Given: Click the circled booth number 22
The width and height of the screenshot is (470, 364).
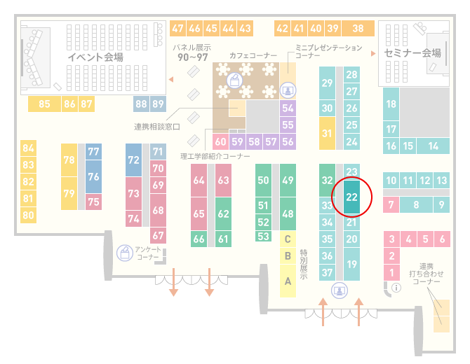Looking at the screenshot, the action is (x=351, y=197).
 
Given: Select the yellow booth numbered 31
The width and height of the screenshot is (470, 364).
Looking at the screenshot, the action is (x=327, y=133).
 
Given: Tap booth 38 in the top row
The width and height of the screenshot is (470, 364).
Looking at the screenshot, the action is (x=358, y=29).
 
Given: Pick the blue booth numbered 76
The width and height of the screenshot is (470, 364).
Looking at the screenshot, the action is (x=93, y=176).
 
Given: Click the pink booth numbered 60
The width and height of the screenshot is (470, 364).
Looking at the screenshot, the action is (x=220, y=141).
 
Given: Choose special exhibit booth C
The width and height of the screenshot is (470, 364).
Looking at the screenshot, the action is (x=288, y=239).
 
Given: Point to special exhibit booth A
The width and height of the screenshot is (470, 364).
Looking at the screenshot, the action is (x=288, y=281).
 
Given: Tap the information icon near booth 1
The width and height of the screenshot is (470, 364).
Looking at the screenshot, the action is (x=396, y=288).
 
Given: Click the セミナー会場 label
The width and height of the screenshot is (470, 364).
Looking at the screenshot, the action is (x=412, y=53).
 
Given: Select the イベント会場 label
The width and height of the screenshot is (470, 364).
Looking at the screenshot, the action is (x=95, y=57).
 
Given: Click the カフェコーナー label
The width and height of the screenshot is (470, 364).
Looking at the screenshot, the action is (x=253, y=55).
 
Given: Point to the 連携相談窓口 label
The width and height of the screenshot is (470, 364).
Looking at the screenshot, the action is (x=156, y=127).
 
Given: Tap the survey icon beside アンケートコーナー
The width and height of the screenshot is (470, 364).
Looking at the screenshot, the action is (x=125, y=253).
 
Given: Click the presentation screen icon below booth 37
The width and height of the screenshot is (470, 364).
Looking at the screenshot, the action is (x=340, y=290).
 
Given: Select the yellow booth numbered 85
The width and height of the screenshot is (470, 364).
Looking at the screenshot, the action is (x=44, y=104).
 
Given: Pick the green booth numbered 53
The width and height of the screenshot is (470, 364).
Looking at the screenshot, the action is (x=263, y=237).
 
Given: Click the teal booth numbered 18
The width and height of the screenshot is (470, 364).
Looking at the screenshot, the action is (x=391, y=104).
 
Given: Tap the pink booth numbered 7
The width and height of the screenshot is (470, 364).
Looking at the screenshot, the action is (x=391, y=204).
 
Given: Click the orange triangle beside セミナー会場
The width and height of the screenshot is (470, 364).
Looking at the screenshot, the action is (x=373, y=53).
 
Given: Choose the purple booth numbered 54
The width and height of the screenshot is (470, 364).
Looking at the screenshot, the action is (x=288, y=108).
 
